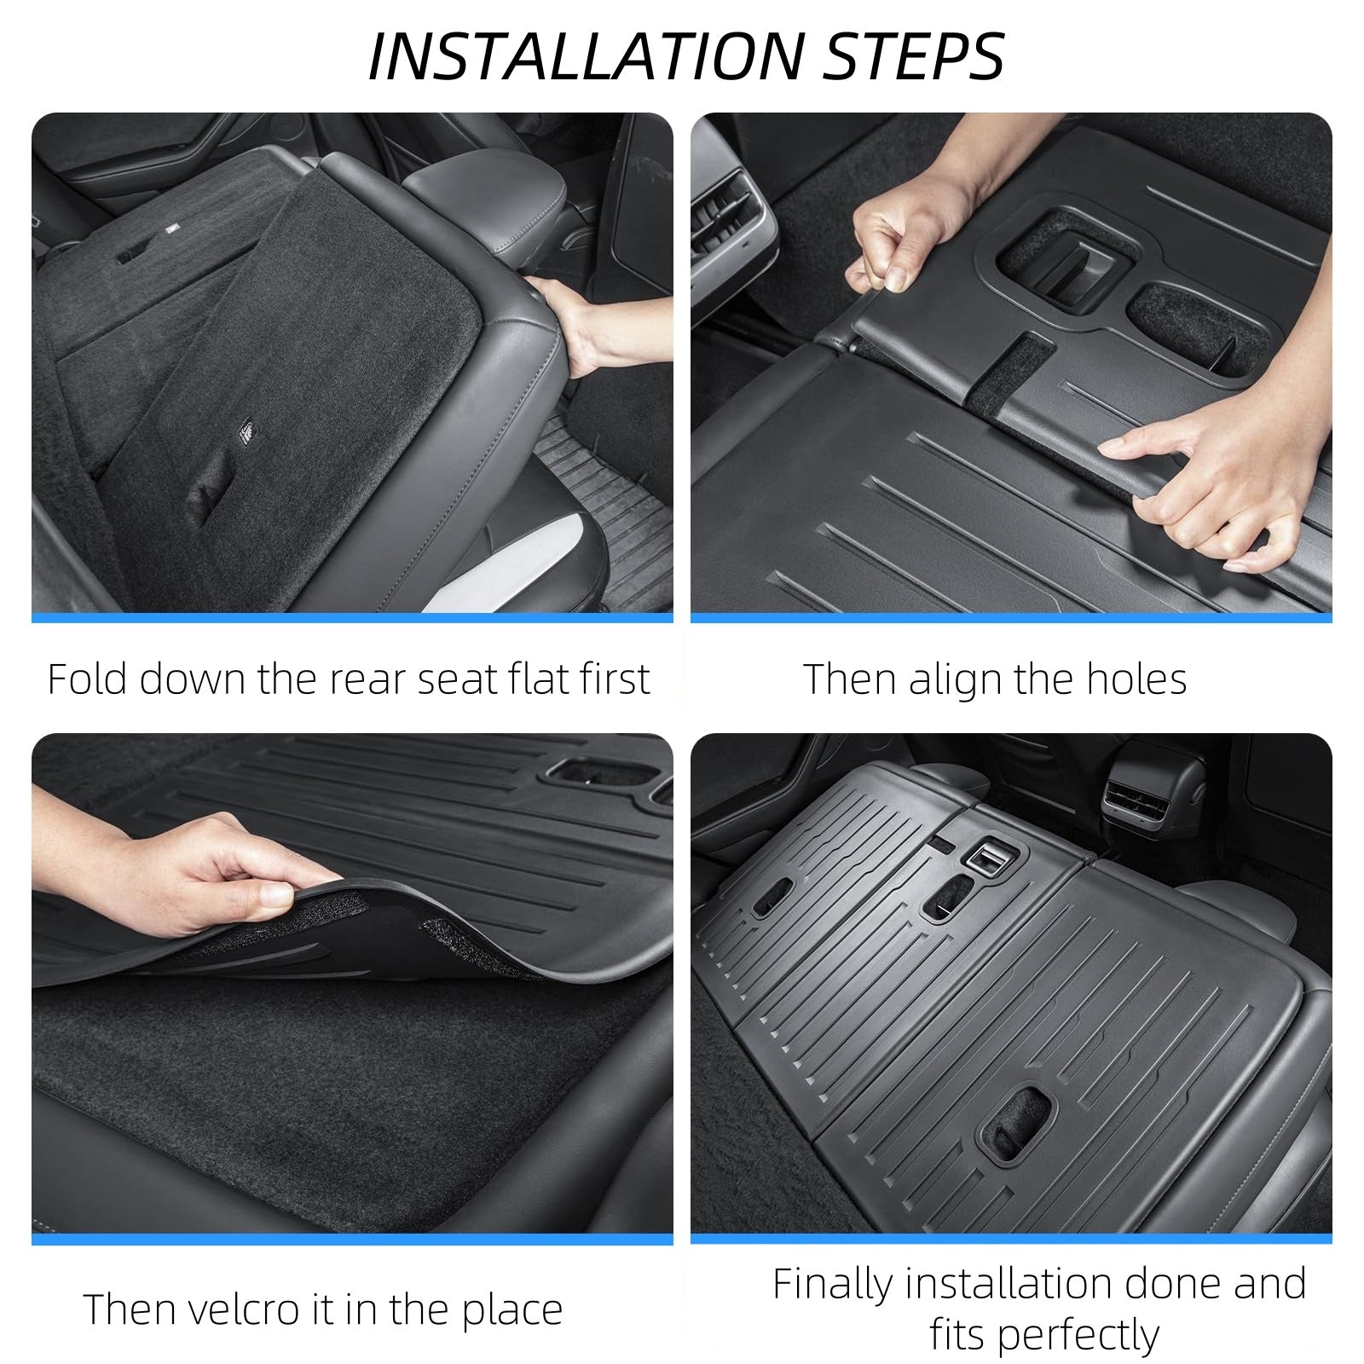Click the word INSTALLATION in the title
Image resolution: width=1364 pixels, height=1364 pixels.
[x=585, y=56]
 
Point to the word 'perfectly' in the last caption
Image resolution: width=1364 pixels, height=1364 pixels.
[x=1044, y=1335]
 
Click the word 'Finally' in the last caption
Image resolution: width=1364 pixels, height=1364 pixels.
[x=832, y=1284]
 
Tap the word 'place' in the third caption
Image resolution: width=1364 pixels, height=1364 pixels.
[x=511, y=1309]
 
